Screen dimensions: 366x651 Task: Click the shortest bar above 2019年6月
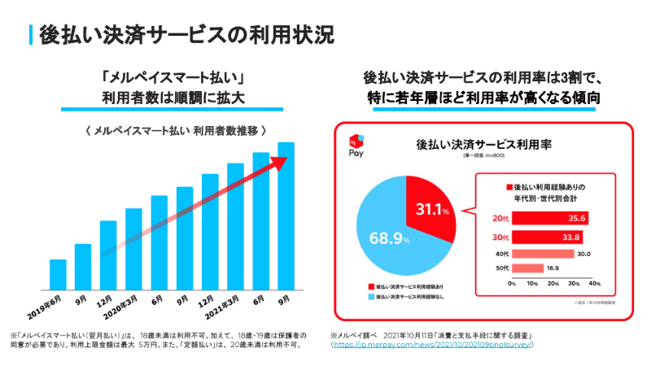[58, 275]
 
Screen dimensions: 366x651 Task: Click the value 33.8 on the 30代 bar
[575, 237]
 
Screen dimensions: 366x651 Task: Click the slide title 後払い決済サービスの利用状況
[186, 35]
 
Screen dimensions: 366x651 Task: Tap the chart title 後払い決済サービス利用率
[484, 144]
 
